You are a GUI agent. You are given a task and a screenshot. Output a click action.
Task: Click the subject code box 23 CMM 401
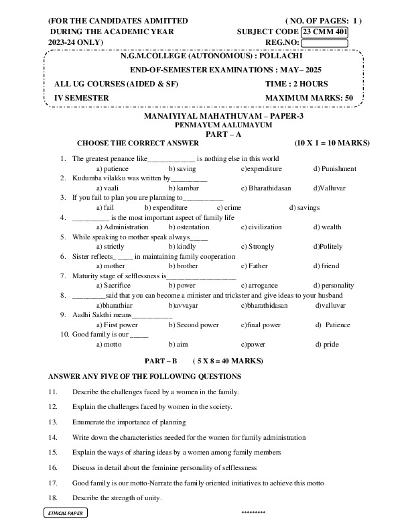(324, 32)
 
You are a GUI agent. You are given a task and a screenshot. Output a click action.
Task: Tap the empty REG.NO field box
(324, 43)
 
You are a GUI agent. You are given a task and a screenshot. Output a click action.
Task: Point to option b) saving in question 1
(182, 168)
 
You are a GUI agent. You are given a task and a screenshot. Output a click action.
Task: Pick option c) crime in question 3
(228, 208)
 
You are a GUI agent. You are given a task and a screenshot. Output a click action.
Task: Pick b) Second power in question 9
(194, 324)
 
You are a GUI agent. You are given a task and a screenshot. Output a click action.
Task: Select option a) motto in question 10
(109, 344)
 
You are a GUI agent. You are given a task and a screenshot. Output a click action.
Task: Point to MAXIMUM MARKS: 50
(309, 98)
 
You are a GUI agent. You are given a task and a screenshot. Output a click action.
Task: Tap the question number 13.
(53, 421)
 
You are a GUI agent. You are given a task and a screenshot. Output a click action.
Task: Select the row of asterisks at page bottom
(253, 513)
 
